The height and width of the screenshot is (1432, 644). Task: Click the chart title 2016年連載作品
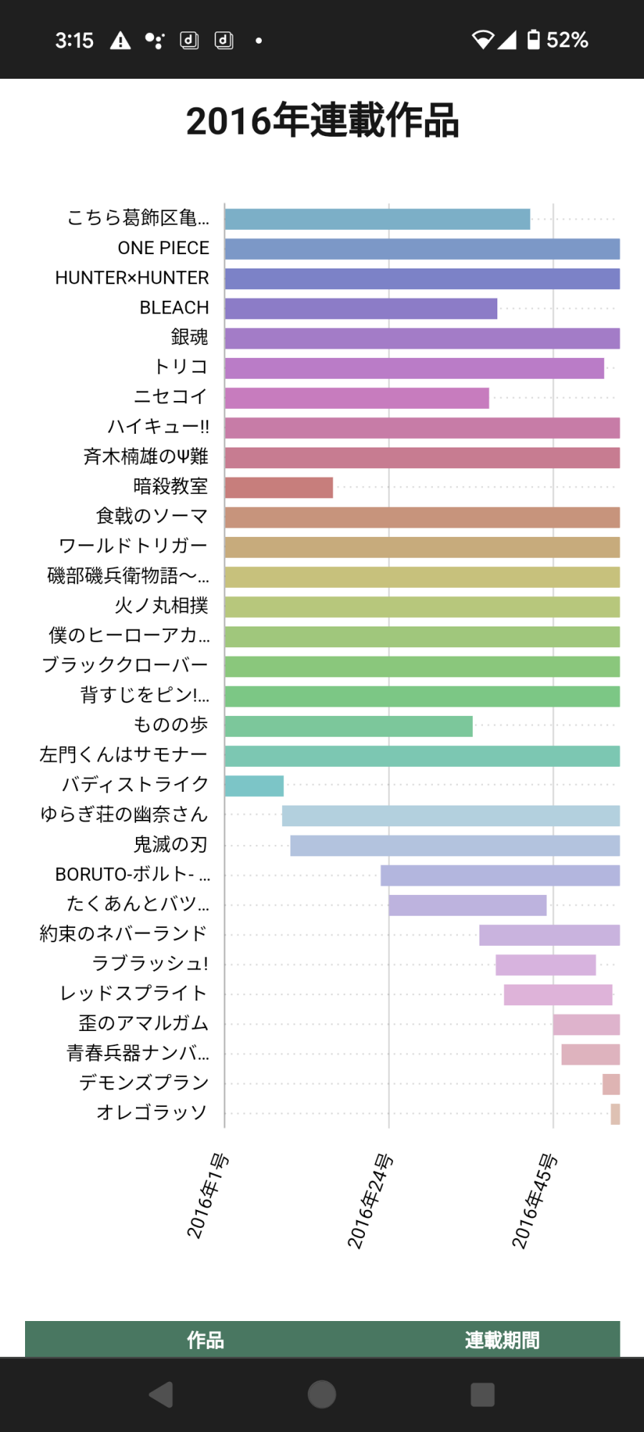point(322,121)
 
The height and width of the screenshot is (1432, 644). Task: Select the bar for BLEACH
point(361,309)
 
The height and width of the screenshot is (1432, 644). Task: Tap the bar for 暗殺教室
point(278,488)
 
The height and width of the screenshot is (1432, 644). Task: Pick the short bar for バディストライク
point(254,786)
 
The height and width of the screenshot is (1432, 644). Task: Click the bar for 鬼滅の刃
point(454,846)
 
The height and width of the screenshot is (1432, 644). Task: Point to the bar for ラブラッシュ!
point(545,965)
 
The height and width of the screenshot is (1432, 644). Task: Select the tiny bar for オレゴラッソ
point(615,1114)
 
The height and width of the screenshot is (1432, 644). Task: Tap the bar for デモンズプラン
point(610,1084)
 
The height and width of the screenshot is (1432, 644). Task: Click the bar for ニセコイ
point(356,398)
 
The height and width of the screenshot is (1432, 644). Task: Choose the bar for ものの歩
point(348,726)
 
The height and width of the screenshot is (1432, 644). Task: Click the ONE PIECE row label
point(163,248)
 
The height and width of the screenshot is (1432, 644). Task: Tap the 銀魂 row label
point(189,337)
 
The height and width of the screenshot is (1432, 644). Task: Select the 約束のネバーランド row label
point(123,934)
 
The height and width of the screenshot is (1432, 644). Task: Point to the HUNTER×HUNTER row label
point(132,278)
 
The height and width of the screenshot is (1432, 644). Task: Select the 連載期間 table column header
point(502,1340)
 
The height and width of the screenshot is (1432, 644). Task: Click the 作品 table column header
point(205,1340)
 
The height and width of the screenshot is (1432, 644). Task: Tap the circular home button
point(322,1394)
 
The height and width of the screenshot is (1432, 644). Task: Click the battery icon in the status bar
point(533,39)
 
